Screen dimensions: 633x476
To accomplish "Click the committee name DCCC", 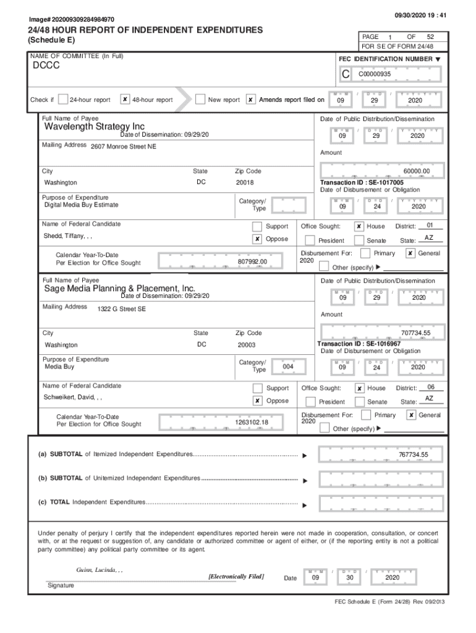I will (46, 66).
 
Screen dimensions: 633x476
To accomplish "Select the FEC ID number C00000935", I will (375, 74).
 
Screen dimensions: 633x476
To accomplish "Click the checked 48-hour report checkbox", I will (125, 100).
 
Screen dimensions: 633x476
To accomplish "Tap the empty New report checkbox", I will (200, 100).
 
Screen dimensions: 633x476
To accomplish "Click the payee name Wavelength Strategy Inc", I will (95, 127).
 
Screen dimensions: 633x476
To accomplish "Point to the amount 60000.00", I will (416, 171).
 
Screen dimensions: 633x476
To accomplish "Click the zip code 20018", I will (245, 183).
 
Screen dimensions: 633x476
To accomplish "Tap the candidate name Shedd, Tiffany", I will (68, 236).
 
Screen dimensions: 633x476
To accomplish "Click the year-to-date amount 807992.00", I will (252, 262).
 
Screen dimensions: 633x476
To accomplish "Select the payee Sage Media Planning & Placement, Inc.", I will (119, 288).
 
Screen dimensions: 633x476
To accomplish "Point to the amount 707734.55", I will (415, 333).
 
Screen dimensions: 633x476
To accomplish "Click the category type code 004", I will (287, 366).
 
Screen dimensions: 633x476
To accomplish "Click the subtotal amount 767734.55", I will (413, 455).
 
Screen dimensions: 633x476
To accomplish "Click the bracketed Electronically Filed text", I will (237, 576).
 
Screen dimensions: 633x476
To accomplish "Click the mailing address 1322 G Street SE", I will (122, 309).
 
